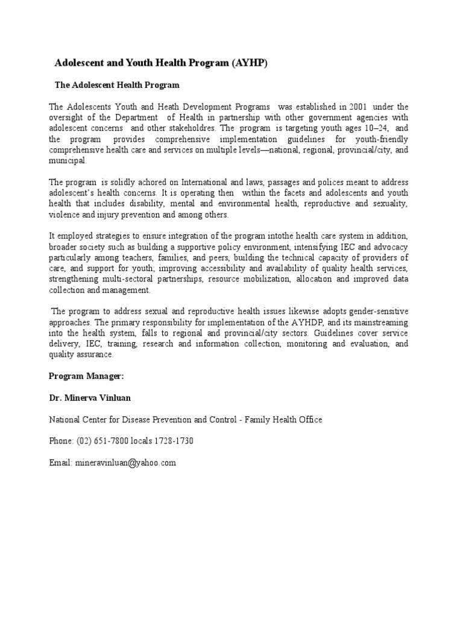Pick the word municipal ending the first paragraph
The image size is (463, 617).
point(68,161)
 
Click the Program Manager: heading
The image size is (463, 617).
point(86,376)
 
